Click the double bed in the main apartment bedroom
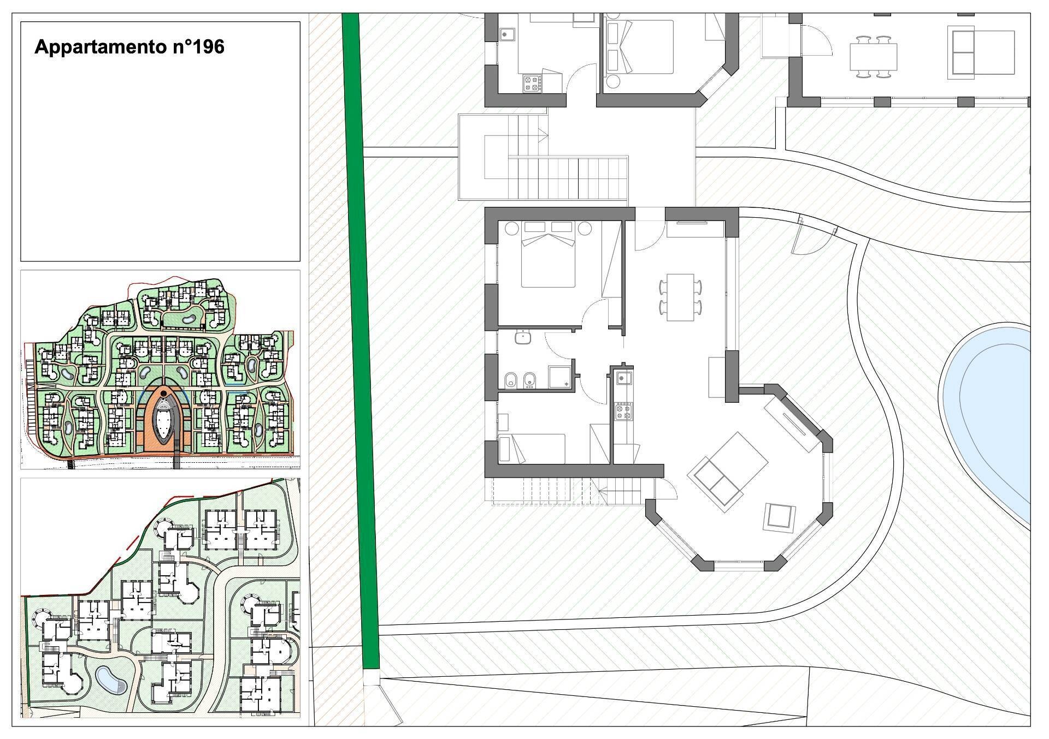pyautogui.click(x=548, y=254)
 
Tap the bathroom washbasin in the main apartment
pyautogui.click(x=523, y=337)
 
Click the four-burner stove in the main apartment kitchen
pyautogui.click(x=624, y=411)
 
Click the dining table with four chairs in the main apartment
pyautogui.click(x=681, y=297)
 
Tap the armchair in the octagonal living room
pyautogui.click(x=779, y=516)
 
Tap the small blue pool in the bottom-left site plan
pyautogui.click(x=111, y=679)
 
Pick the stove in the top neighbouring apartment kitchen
pyautogui.click(x=532, y=83)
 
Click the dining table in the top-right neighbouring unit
pyautogui.click(x=874, y=57)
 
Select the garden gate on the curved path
pyautogui.click(x=814, y=237)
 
